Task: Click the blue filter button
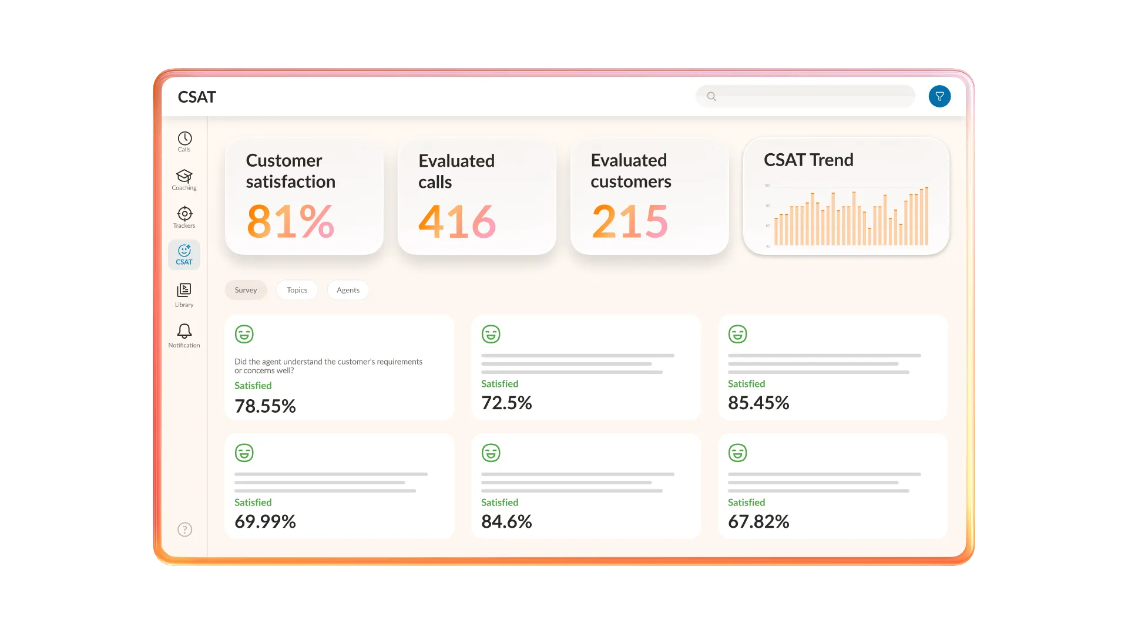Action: click(x=939, y=96)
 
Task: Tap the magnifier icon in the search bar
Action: click(x=711, y=96)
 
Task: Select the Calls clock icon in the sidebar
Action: click(x=184, y=139)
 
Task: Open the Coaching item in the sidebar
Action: click(x=184, y=179)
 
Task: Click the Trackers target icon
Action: click(x=184, y=214)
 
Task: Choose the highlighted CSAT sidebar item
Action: click(x=184, y=255)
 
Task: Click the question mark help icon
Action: click(x=184, y=530)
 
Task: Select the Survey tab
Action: click(x=246, y=290)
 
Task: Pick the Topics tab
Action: click(x=297, y=290)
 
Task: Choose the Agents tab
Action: click(x=348, y=290)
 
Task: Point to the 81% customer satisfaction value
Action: click(x=290, y=221)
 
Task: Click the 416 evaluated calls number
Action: click(x=457, y=221)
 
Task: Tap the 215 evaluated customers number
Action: click(x=630, y=221)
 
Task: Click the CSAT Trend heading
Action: click(x=808, y=160)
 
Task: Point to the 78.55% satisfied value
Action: click(x=265, y=406)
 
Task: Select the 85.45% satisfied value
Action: click(x=758, y=403)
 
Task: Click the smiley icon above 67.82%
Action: click(x=737, y=453)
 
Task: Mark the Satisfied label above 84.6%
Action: click(x=499, y=503)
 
